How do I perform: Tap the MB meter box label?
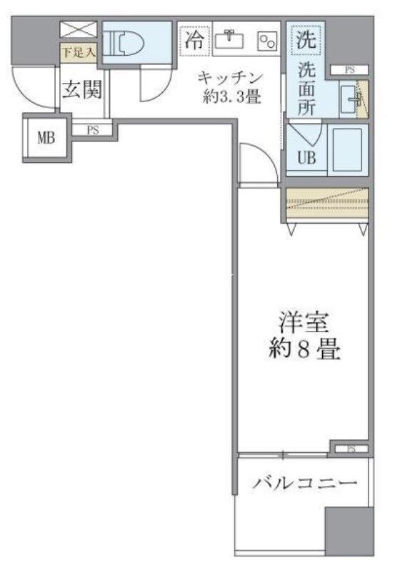(47, 137)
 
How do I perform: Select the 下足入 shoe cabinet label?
(71, 51)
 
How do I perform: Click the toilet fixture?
(126, 43)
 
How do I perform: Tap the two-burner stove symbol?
(267, 41)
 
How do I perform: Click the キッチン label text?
(231, 77)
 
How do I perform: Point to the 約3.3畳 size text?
(231, 98)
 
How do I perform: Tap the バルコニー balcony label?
(304, 484)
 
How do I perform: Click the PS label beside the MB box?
(93, 130)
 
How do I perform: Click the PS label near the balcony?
(351, 449)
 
